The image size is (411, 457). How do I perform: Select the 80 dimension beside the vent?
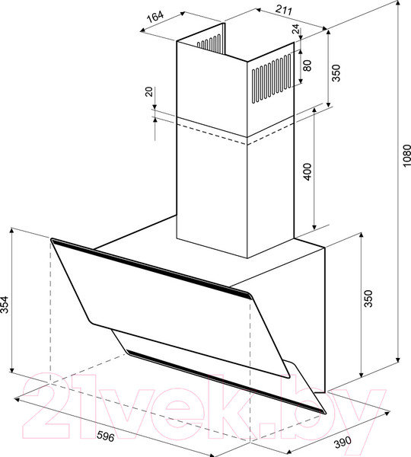pyautogui.click(x=307, y=66)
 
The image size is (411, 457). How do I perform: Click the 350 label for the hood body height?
pyautogui.click(x=369, y=299)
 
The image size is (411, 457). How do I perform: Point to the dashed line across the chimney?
pyautogui.click(x=228, y=130)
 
